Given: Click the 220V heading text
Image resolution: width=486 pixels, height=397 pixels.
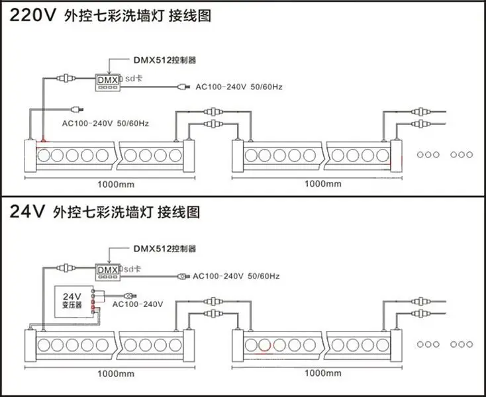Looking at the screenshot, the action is tap(32, 15).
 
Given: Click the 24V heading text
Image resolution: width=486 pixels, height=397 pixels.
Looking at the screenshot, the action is tap(27, 212).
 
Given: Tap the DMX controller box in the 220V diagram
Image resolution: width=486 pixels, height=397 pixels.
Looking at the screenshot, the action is tap(107, 82).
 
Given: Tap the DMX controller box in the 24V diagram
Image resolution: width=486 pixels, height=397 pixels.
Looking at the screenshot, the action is tap(107, 272).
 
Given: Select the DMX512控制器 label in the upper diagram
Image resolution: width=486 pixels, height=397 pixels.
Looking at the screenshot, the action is tap(165, 60).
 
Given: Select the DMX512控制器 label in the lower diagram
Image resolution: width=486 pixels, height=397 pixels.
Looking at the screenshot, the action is tap(165, 249).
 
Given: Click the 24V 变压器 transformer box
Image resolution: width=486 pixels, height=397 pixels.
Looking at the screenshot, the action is tap(74, 301).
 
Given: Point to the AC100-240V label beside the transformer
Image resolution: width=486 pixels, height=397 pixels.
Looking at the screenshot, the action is tap(138, 304).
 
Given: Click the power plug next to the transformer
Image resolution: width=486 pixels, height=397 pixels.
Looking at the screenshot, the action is tap(130, 296).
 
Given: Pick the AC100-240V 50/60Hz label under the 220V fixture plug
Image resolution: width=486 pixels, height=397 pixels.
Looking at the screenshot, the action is tap(105, 124).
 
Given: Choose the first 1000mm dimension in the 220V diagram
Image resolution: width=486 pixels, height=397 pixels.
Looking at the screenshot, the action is tap(116, 185).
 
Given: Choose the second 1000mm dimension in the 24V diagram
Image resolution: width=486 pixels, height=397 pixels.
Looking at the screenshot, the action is tap(323, 373).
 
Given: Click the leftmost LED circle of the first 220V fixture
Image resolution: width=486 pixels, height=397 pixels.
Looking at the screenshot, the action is tap(44, 155).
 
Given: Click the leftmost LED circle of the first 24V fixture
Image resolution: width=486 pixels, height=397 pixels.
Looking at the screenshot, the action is tap(44, 345).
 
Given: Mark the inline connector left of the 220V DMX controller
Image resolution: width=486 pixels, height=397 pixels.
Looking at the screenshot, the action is tap(66, 78).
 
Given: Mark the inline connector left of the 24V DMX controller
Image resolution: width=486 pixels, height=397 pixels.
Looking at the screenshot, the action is tap(66, 267).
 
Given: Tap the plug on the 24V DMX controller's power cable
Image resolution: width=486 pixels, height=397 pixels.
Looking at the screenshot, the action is tap(183, 276).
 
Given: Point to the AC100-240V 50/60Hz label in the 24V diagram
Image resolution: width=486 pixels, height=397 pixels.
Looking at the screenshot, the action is tap(236, 276).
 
